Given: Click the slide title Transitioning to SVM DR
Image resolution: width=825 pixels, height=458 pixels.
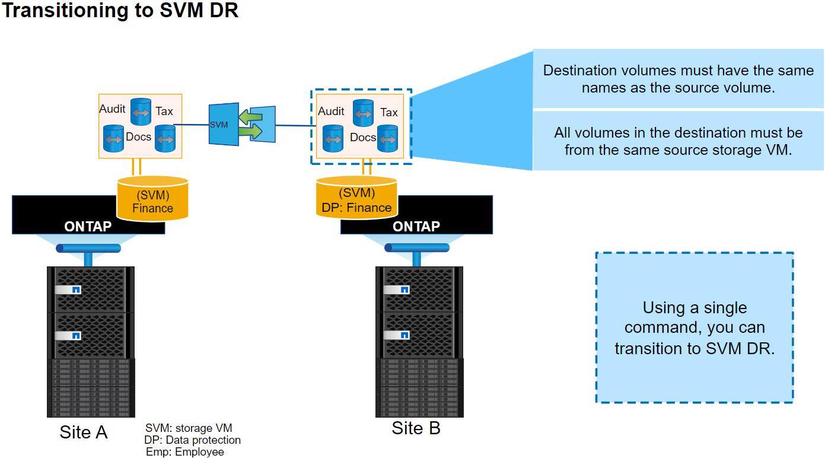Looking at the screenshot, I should coord(120,11).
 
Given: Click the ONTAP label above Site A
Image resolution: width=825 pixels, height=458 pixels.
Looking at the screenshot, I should coord(88,226).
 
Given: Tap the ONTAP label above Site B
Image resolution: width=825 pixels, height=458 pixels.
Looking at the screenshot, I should coord(416,226).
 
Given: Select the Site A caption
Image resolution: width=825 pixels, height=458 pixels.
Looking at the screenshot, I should coord(84,432).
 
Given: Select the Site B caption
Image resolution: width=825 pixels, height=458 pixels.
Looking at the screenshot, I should coord(416,428).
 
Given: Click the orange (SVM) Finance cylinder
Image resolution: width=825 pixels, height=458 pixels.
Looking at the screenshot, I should coord(152,199).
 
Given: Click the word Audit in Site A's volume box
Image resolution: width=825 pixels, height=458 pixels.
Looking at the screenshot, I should coord(113,109).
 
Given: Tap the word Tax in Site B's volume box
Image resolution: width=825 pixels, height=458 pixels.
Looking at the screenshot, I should coord(389,112).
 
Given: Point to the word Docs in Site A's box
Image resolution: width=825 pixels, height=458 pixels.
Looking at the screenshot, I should coord(139,136).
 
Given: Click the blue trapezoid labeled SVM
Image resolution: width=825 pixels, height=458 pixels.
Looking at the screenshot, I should coord(222,125).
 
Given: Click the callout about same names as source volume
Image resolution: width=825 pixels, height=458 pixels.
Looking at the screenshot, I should coord(679,79).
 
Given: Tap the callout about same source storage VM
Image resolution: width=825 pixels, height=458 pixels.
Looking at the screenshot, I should coord(679,141).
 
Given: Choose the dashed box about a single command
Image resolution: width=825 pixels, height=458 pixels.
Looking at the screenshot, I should coord(695,327).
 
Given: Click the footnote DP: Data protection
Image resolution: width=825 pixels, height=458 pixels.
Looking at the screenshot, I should coord(193,440).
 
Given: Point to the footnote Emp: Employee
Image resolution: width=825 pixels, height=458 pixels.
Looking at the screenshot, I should coord(185,452).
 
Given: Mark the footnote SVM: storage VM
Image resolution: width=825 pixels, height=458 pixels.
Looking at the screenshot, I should coord(189,428).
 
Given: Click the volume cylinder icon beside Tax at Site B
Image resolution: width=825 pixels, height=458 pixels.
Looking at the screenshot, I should coord(363,113).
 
